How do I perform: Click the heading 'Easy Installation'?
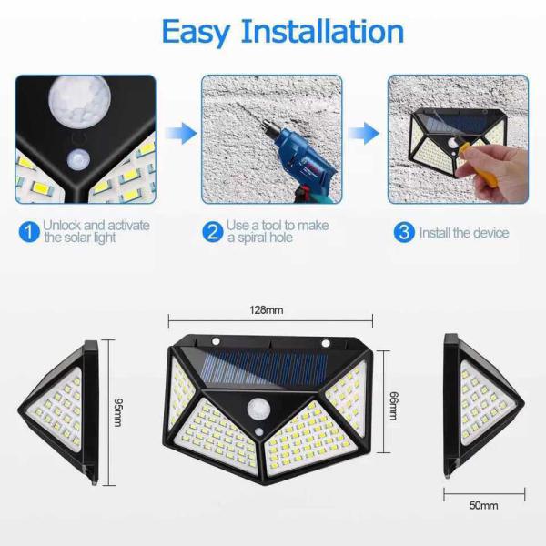[x=282, y=31]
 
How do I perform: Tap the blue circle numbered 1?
[x=28, y=232]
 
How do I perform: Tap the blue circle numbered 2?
[x=212, y=232]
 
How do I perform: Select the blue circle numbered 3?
[x=402, y=232]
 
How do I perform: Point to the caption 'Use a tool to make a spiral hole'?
[x=277, y=232]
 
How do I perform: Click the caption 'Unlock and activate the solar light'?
[x=96, y=232]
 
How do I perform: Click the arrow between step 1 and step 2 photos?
[x=185, y=135]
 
